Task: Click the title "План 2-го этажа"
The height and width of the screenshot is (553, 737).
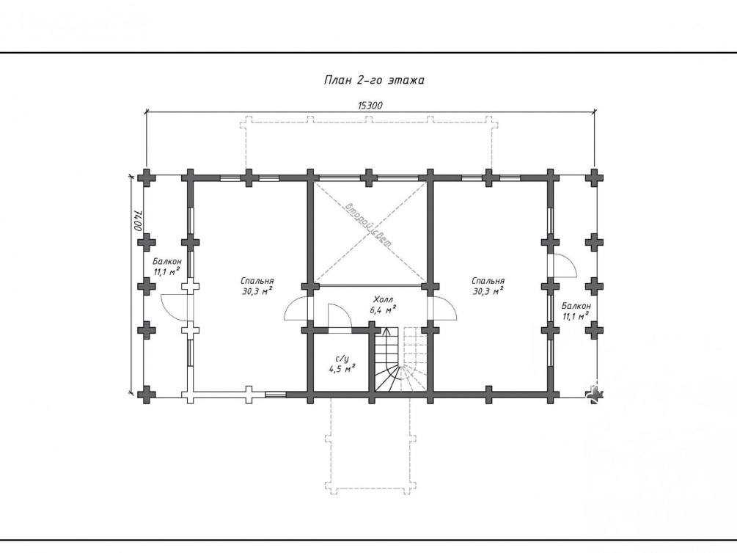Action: (x=374, y=80)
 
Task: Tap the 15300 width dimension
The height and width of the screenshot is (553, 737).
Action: (x=370, y=106)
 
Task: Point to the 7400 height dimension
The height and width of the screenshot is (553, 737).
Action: (x=138, y=221)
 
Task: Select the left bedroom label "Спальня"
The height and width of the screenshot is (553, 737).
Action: (x=258, y=281)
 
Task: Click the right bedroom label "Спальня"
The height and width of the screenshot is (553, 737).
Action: (x=488, y=281)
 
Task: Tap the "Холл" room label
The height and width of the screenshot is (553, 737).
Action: (x=383, y=299)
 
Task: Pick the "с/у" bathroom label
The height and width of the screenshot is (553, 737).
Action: (x=342, y=359)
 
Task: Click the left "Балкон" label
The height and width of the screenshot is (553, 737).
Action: (x=167, y=261)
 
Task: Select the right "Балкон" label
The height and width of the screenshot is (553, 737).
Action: (x=576, y=306)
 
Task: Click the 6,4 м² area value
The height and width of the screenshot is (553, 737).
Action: (x=383, y=310)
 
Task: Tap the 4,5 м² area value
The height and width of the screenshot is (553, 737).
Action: (x=342, y=369)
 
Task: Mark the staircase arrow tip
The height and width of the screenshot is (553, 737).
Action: (x=386, y=329)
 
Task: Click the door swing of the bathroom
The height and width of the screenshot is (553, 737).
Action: (x=340, y=313)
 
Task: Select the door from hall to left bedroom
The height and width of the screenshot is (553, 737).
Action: (x=296, y=309)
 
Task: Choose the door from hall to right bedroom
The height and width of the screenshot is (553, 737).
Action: (x=444, y=309)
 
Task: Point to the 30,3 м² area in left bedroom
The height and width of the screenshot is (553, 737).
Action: (x=258, y=292)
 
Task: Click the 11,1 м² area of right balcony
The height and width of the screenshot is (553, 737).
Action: (x=576, y=316)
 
